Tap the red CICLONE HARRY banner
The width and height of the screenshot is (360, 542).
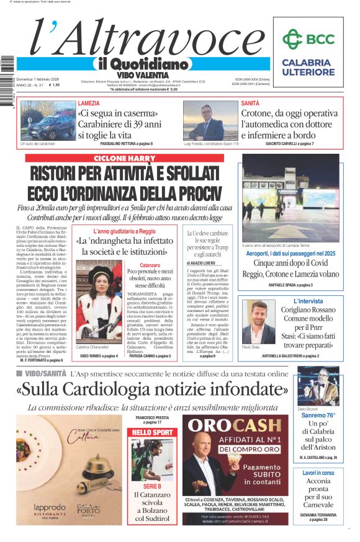(124, 158)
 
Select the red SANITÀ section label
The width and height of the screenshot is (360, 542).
(250, 104)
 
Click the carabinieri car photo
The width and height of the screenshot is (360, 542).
(48, 120)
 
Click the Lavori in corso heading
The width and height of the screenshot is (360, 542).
(318, 473)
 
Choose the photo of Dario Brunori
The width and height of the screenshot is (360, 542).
(318, 386)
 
